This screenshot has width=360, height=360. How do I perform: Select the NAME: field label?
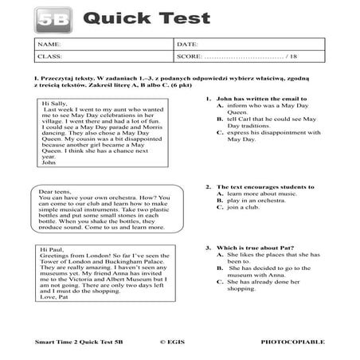(x=48, y=45)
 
